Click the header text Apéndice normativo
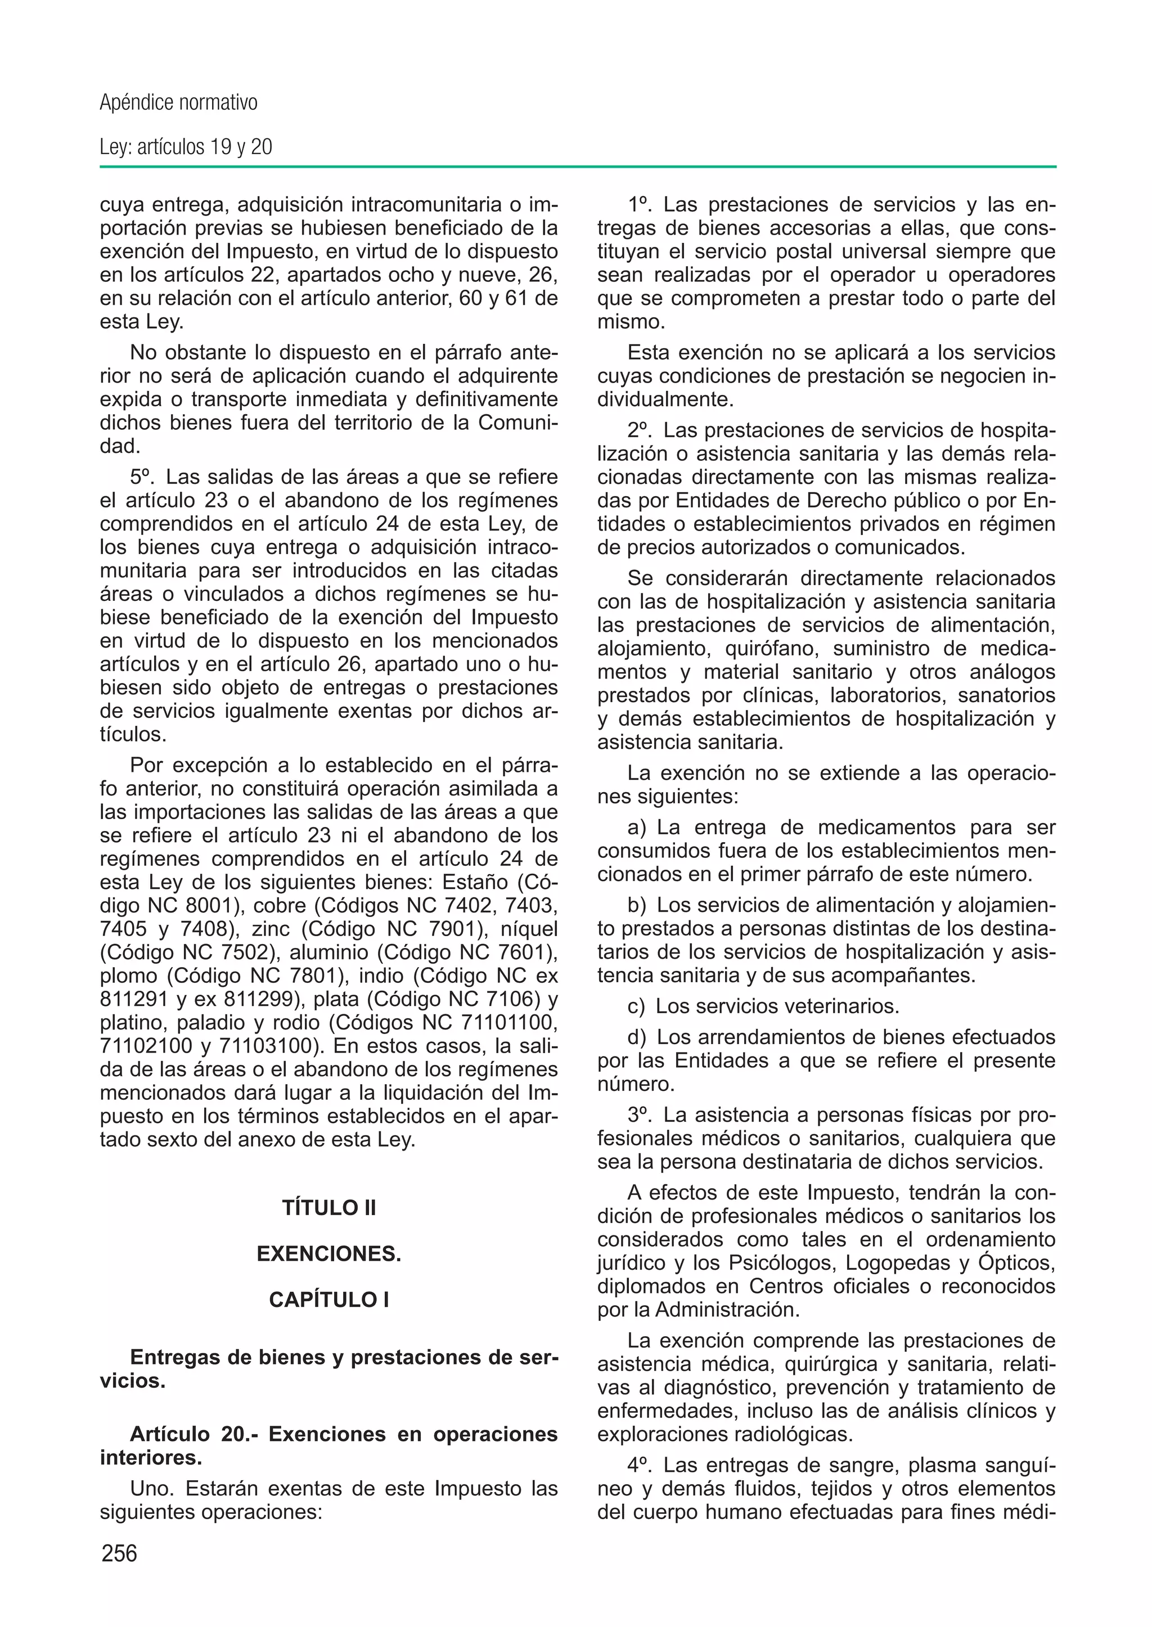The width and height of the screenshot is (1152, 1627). (x=178, y=104)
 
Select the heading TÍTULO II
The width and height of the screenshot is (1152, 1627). (x=328, y=1208)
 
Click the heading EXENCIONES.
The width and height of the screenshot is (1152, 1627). (x=328, y=1255)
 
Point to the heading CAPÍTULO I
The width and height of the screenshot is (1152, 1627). (x=328, y=1300)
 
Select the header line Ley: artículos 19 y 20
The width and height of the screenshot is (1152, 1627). (x=186, y=147)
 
